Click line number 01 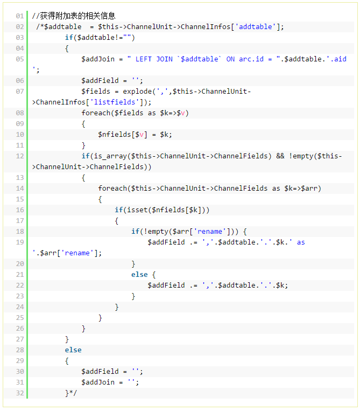click(20, 16)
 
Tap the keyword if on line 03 click(69, 38)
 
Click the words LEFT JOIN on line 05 click(154, 59)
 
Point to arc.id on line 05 click(251, 59)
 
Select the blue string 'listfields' click(115, 102)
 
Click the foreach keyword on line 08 click(96, 113)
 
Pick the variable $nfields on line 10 click(115, 135)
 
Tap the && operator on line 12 click(280, 156)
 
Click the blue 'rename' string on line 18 click(210, 232)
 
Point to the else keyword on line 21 click(139, 274)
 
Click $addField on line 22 click(166, 285)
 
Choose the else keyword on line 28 click(73, 350)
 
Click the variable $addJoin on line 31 click(98, 382)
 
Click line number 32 click(20, 393)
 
